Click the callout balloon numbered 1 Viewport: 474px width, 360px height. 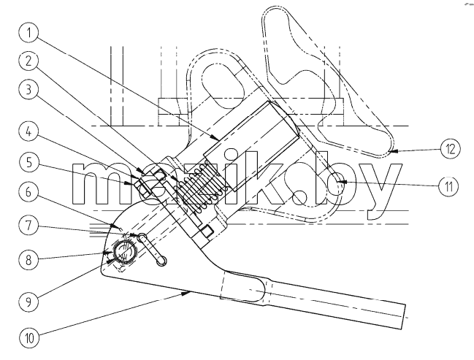point(28,33)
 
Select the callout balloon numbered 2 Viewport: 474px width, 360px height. point(28,61)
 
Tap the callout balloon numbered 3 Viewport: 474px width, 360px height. point(28,90)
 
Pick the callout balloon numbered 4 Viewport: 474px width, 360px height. point(28,131)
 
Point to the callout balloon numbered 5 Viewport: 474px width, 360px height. point(28,162)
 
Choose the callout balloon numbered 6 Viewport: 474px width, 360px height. point(28,192)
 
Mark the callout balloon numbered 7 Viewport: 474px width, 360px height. point(28,226)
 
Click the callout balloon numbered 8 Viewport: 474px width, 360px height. point(28,260)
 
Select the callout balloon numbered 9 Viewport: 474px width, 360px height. point(28,302)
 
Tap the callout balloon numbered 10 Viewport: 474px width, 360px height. point(29,337)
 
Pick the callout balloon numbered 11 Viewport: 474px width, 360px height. point(448,186)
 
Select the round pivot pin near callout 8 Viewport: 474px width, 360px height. point(124,252)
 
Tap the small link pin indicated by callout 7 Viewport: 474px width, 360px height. point(152,250)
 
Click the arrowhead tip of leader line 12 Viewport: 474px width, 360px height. point(389,150)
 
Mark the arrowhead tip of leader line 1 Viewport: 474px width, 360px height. point(219,141)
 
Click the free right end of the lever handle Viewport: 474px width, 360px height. point(404,317)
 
